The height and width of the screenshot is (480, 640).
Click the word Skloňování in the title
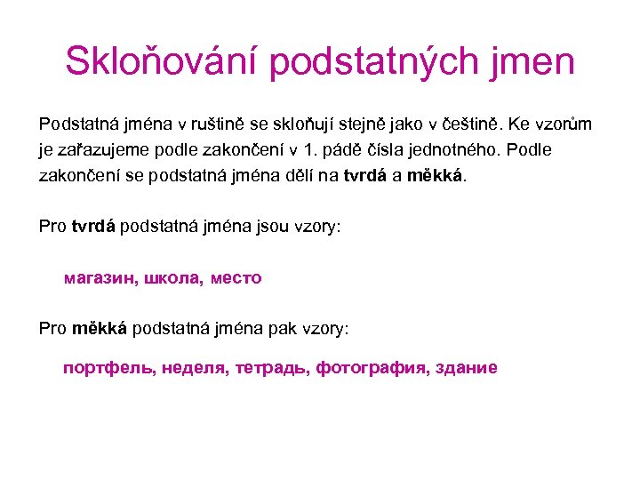162,62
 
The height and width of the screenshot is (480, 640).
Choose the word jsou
267,227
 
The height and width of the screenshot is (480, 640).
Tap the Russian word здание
464,367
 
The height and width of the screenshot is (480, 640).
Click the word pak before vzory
278,329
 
